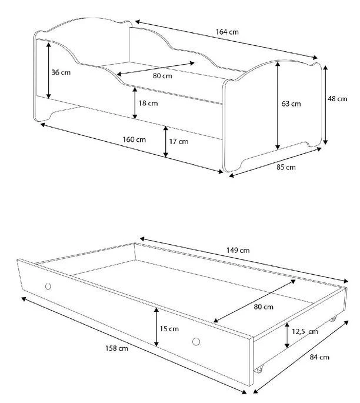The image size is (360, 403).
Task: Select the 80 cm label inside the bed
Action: click(162, 76)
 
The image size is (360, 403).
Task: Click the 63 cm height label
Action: click(291, 104)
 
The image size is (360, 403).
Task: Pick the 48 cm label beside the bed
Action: click(338, 99)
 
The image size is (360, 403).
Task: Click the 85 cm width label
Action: click(286, 168)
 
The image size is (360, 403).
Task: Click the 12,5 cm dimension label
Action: click(305, 332)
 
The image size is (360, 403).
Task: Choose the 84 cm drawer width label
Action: click(319, 357)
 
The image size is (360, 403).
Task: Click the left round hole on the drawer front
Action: click(48, 287)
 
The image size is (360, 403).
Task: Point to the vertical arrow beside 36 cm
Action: click(48, 72)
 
